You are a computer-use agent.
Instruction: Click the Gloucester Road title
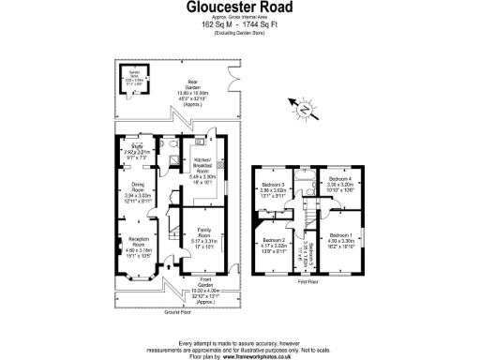(240, 8)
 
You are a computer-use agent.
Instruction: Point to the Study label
(135, 146)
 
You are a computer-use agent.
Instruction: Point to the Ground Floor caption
(170, 310)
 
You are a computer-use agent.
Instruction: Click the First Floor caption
(306, 281)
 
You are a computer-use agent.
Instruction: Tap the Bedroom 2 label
(272, 240)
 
